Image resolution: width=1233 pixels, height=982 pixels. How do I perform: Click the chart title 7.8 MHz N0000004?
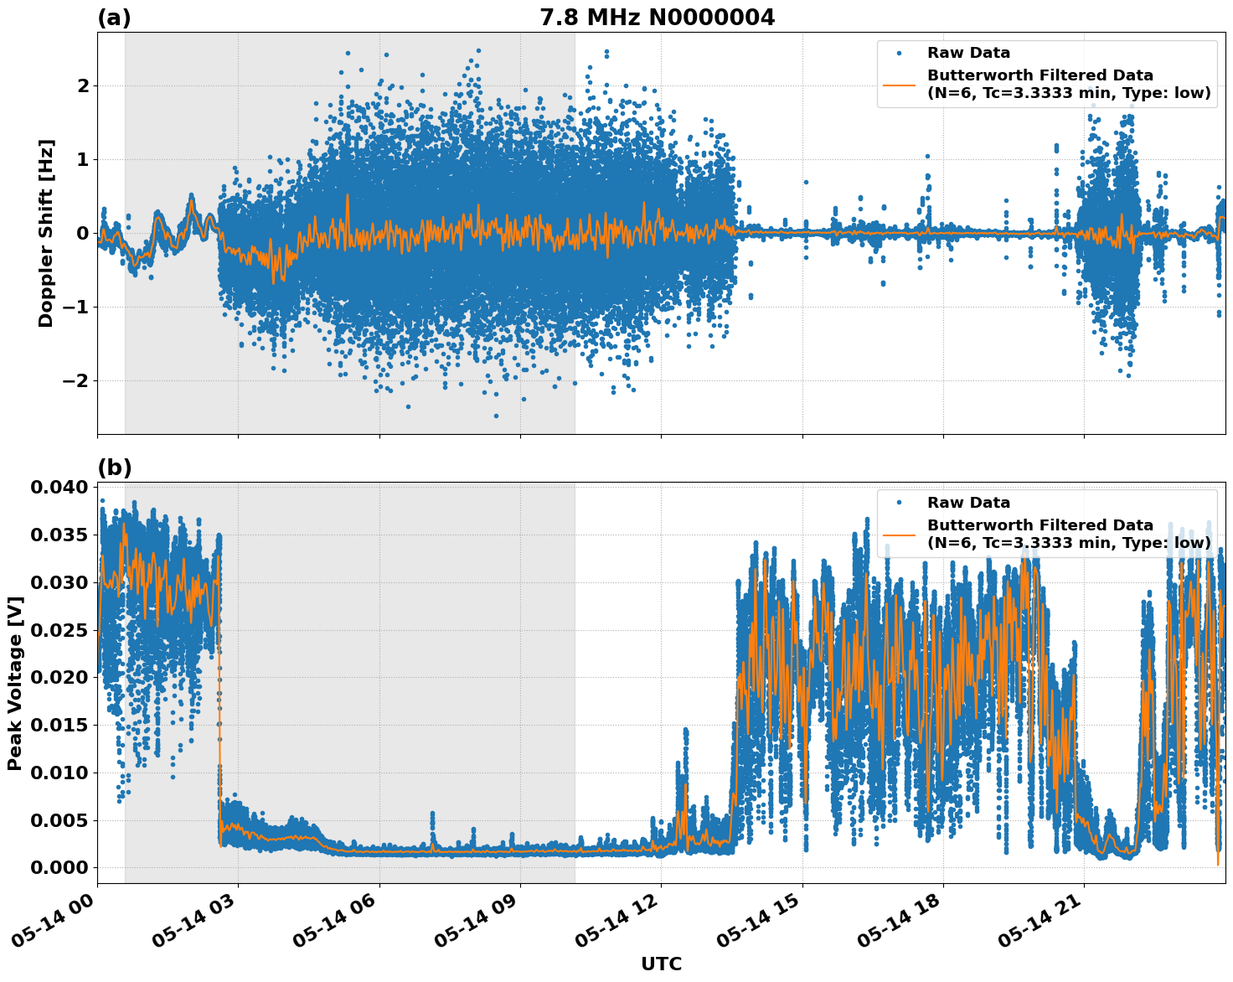[657, 17]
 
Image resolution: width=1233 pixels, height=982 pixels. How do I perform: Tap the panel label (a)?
[114, 18]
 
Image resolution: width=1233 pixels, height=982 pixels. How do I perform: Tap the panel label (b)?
[114, 468]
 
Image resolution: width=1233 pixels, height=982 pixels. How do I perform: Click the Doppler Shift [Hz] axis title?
[45, 233]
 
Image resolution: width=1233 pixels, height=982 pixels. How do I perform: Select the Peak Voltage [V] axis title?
[14, 683]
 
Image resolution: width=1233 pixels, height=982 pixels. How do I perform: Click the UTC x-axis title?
[661, 964]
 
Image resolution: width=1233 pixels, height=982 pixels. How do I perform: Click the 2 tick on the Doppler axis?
[83, 85]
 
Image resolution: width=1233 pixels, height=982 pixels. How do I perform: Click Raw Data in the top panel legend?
[968, 53]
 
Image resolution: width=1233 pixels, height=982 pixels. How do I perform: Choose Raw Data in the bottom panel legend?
[968, 503]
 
